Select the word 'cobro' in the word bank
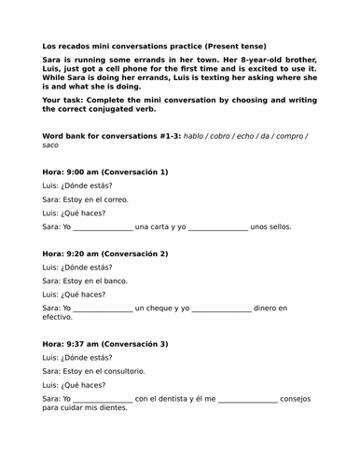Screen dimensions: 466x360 [222, 135]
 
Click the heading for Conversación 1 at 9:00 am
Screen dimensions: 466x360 [105, 171]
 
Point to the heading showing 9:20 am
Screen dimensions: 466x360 [105, 253]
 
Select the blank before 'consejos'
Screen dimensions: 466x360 [247, 399]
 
